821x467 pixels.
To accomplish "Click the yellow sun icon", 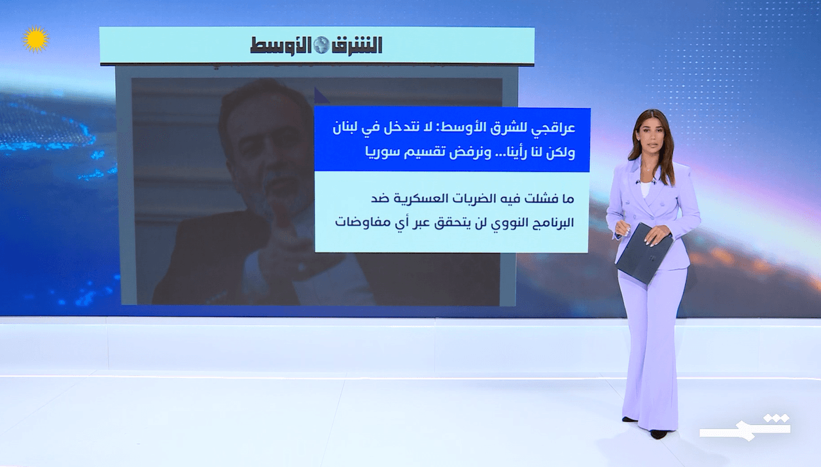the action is pos(35,39).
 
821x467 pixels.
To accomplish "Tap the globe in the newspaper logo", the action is pos(321,45).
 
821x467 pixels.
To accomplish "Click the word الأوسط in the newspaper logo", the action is pos(281,46).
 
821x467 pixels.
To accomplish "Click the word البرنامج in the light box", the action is pos(551,223).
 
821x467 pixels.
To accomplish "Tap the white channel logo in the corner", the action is pos(744,427).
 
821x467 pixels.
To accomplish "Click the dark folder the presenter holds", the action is pos(644,254).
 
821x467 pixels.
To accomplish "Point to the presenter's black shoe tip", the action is pos(658,435).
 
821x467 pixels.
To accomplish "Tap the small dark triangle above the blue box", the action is pos(321,97).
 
